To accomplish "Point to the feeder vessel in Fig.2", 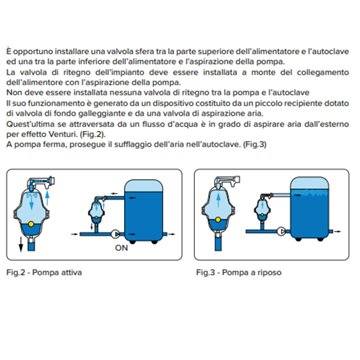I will tap(37, 211).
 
